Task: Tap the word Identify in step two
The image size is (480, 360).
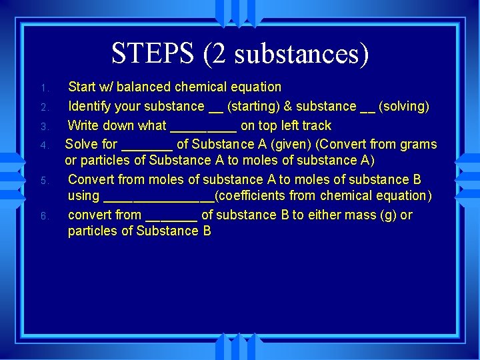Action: point(92,106)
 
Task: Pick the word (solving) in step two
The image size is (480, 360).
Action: point(403,106)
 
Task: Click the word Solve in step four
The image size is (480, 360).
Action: point(81,144)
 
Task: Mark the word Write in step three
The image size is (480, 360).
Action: point(84,125)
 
